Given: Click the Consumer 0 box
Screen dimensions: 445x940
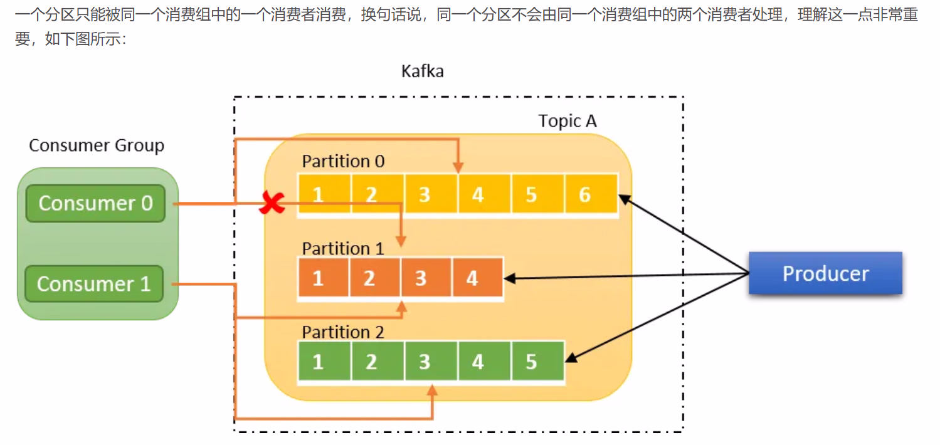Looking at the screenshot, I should [95, 203].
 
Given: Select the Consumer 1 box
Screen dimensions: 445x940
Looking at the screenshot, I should [94, 284].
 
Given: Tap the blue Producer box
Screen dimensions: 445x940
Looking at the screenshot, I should [825, 273].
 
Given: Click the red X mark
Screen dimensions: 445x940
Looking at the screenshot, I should [272, 203].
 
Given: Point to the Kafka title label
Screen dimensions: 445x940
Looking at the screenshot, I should [422, 71].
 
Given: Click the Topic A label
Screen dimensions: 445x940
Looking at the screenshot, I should [567, 121].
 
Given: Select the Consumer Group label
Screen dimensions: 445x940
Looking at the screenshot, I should [97, 145].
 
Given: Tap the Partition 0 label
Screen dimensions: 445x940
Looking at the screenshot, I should [343, 161].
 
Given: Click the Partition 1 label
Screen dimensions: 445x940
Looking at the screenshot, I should [342, 248].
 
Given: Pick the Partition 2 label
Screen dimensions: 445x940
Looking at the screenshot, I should [342, 332].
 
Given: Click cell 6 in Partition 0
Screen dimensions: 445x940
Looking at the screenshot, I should [584, 195].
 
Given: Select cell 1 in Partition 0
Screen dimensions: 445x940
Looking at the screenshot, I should [318, 195].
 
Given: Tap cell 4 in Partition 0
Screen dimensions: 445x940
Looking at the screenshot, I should [478, 195].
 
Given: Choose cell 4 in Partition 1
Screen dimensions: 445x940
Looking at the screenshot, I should [472, 277].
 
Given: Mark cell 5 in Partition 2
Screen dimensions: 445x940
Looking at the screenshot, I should [531, 362].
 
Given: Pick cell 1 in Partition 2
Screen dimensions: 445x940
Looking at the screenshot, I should [318, 362].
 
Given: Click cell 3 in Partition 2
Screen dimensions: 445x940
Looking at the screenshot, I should [425, 362].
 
